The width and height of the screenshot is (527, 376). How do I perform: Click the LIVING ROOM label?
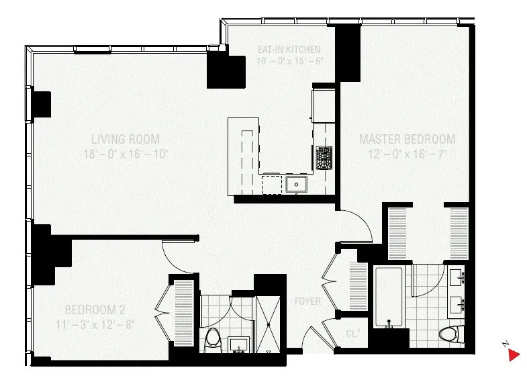[x=126, y=140]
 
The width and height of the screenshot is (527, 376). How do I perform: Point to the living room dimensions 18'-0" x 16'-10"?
[x=126, y=154]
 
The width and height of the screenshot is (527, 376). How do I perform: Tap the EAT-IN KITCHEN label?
[x=289, y=50]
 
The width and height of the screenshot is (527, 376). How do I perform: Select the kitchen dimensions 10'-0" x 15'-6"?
[x=289, y=61]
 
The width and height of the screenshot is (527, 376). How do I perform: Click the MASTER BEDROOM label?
[x=407, y=140]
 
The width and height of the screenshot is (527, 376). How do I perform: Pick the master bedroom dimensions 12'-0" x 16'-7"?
[x=407, y=154]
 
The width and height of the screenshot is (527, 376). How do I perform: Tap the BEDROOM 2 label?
[x=95, y=310]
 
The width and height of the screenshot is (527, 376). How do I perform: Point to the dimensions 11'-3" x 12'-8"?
[x=95, y=324]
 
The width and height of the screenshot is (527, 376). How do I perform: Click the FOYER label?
[x=307, y=301]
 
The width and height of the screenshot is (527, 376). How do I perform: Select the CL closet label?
[x=353, y=332]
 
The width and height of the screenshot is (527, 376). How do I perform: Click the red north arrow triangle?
[x=514, y=355]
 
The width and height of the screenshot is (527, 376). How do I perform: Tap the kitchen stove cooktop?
[x=324, y=158]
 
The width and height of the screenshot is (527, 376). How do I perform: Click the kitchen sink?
[x=295, y=184]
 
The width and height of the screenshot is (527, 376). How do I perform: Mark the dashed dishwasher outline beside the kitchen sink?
[x=272, y=184]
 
